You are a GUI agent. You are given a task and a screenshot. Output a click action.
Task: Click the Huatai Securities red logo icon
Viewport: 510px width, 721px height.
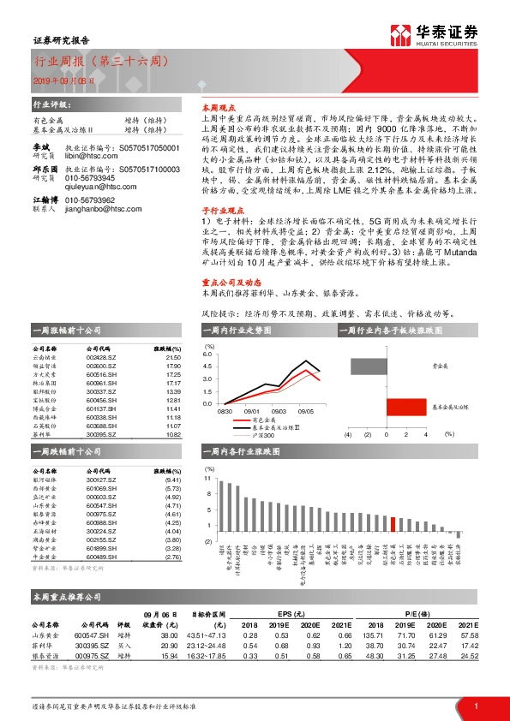401,34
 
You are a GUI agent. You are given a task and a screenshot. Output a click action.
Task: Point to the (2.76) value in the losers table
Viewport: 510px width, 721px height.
171,556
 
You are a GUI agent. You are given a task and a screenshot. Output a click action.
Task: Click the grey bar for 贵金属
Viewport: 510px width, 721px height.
387,366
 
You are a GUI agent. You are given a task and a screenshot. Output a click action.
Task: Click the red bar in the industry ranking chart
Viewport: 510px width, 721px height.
392,524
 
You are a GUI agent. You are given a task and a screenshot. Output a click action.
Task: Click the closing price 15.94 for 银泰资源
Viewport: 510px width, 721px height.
169,655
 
